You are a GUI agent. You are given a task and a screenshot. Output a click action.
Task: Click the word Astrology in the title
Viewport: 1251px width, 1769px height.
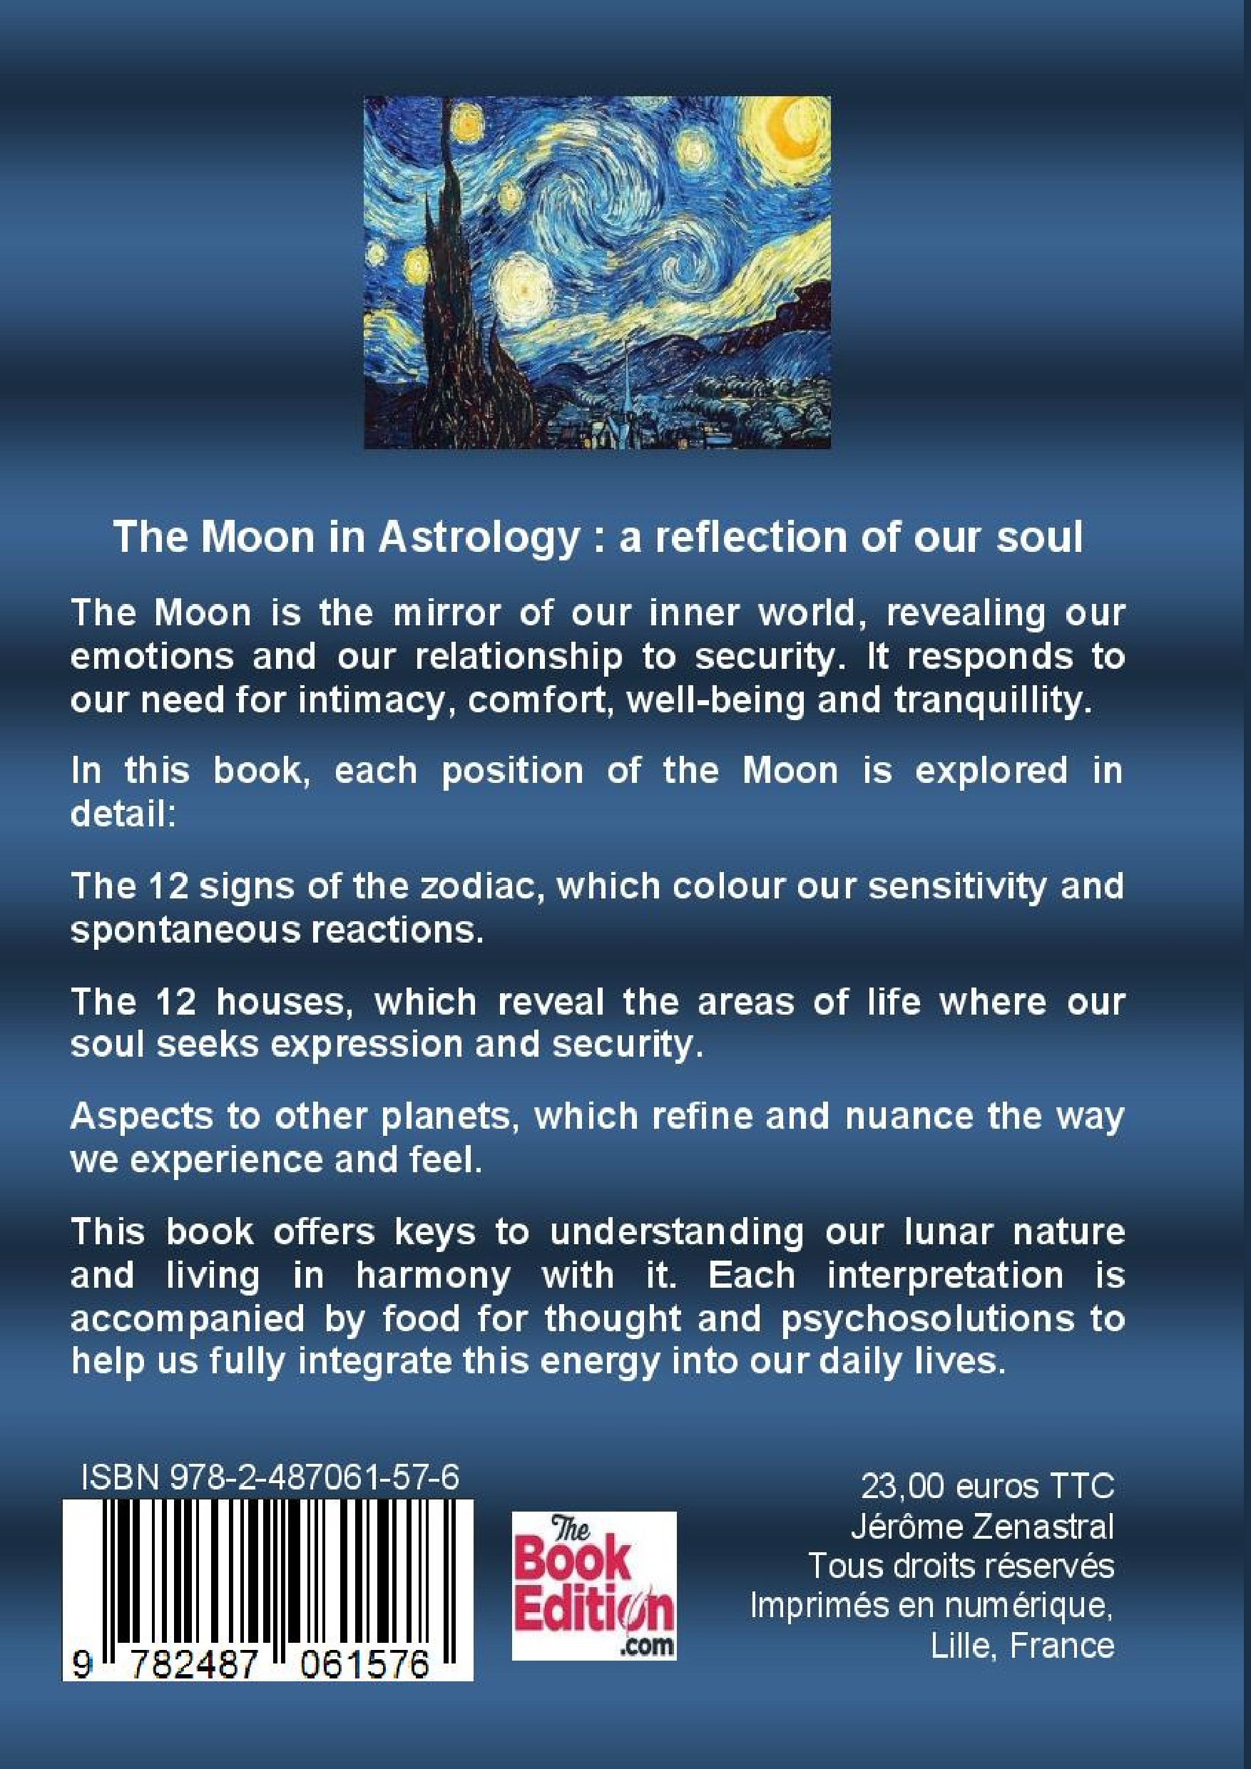click(x=477, y=538)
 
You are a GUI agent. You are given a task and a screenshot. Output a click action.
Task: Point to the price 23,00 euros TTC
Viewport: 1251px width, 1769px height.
click(x=987, y=1486)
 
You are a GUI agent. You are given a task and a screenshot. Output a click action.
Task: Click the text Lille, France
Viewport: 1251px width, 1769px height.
click(x=1023, y=1646)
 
